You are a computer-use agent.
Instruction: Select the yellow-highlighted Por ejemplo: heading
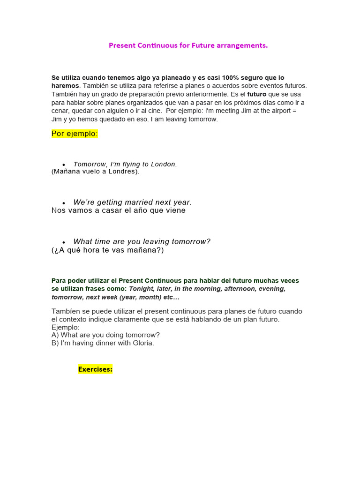click(x=75, y=134)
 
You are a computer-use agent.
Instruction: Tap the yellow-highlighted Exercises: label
click(x=95, y=369)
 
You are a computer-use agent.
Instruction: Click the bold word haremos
click(x=65, y=86)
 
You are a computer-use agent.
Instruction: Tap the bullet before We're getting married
click(x=63, y=203)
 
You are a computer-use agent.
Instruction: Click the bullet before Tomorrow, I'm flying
click(x=63, y=165)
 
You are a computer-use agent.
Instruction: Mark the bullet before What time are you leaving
click(x=63, y=242)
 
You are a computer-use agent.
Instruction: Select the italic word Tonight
click(x=142, y=289)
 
